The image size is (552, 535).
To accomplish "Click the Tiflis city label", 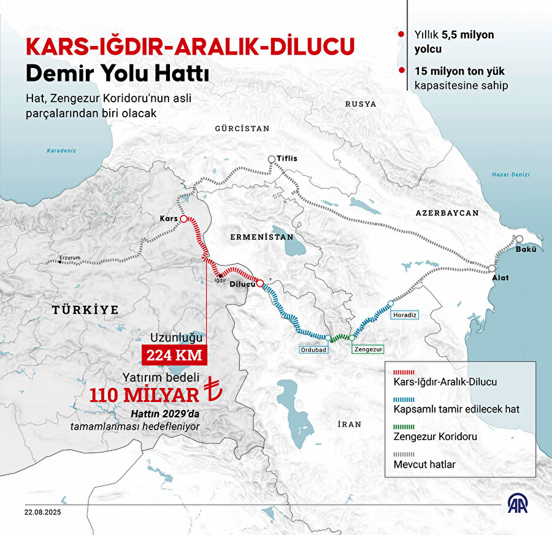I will pos(286,158).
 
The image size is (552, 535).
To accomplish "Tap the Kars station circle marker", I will pos(183,219).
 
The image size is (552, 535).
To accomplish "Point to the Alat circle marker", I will pos(493,268).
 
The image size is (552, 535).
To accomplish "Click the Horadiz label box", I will pos(404,314).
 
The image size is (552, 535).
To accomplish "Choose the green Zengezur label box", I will pos(367,349).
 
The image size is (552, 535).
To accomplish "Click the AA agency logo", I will pos(519,503).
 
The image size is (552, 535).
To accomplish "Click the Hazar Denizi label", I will pos(510,175).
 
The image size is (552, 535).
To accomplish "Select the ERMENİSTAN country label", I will pos(261,237).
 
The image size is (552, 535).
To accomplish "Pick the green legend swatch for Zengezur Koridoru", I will pos(405,427).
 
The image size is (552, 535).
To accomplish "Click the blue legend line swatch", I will pos(405,400).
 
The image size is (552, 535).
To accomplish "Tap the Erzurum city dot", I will pos(59,262).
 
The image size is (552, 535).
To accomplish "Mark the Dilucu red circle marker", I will pos(260,284).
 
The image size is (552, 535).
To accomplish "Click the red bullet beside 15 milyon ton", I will pos(401,70).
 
